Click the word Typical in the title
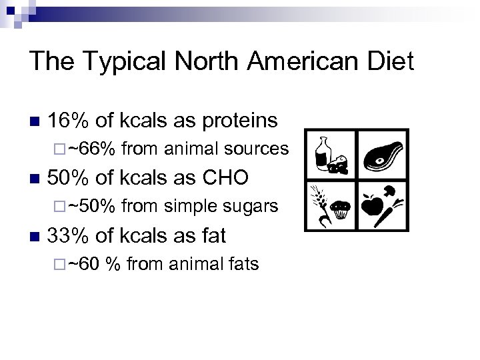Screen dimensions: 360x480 pyautogui.click(x=116, y=63)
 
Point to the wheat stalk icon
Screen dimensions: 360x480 pyautogui.click(x=319, y=200)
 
